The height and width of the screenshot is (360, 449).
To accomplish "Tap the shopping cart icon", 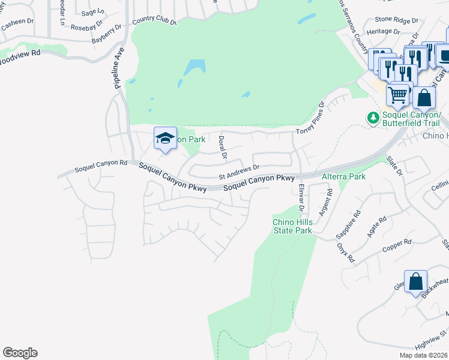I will click(397, 95).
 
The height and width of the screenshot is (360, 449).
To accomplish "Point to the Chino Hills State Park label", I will click(292, 226).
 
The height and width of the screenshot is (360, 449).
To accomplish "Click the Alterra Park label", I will click(344, 177).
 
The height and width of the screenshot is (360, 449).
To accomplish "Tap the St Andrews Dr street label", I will click(238, 172).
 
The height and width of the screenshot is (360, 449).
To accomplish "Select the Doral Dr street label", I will click(222, 147).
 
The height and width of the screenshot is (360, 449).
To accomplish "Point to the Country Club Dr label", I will click(154, 21).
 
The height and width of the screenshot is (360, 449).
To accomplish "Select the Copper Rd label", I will click(399, 244).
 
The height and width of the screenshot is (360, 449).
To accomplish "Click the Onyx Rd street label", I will click(343, 252).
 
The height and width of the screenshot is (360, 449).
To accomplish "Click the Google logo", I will click(20, 353).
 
